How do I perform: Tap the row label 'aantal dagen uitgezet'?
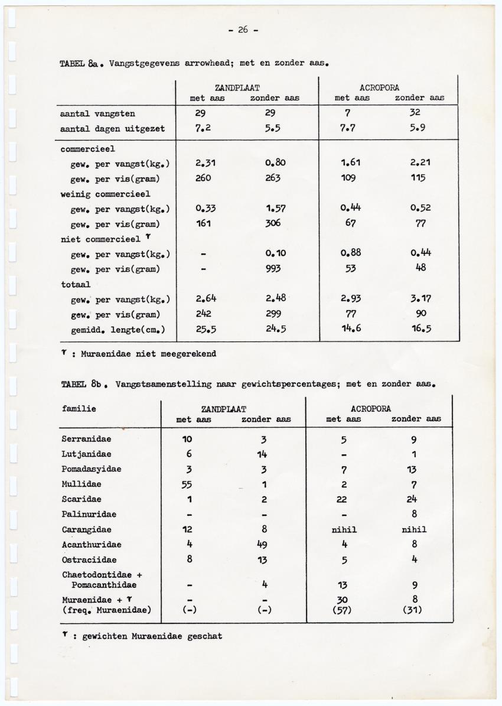110,129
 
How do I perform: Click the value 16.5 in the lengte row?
421,330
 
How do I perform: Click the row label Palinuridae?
89,515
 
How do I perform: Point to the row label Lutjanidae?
86,454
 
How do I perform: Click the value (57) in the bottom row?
343,610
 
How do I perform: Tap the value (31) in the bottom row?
415,610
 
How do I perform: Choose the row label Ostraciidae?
89,559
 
